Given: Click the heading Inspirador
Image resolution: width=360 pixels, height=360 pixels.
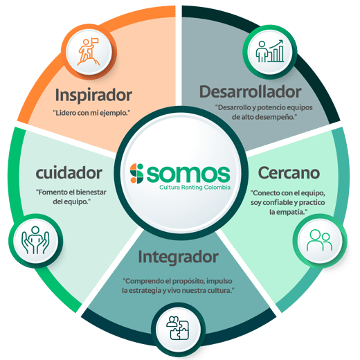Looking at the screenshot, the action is pyautogui.click(x=93, y=95).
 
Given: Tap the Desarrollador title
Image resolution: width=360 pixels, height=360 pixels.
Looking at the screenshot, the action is pyautogui.click(x=251, y=91).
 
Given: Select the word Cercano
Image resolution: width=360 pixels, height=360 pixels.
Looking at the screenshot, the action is pyautogui.click(x=289, y=173).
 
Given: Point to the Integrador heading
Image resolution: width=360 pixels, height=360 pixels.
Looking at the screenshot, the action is pyautogui.click(x=178, y=257).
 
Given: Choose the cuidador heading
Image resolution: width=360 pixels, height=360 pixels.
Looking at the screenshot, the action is pyautogui.click(x=69, y=173).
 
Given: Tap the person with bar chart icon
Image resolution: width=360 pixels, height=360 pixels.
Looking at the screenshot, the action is pyautogui.click(x=269, y=51).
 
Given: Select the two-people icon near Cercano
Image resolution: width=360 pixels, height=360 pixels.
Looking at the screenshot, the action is pyautogui.click(x=319, y=240).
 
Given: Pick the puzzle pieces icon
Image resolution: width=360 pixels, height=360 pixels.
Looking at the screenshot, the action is pyautogui.click(x=178, y=328).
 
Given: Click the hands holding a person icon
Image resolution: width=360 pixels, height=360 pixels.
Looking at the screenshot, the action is pyautogui.click(x=35, y=240).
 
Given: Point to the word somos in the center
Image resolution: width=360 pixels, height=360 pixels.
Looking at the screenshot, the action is pyautogui.click(x=188, y=174).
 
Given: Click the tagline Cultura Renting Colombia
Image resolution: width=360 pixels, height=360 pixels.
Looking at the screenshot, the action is pyautogui.click(x=195, y=187).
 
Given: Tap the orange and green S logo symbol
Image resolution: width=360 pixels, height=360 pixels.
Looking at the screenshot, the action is pyautogui.click(x=136, y=174).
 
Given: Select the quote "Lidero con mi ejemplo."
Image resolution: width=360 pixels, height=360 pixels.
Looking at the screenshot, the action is pyautogui.click(x=92, y=113).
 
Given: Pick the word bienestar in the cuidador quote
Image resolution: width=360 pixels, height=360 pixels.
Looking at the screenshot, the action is pyautogui.click(x=91, y=192).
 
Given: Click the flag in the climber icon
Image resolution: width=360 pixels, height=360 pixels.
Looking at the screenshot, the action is pyautogui.click(x=95, y=41).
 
